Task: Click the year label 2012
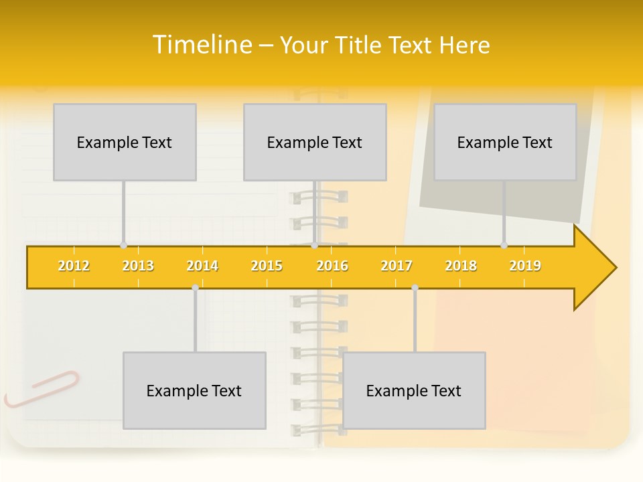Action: pos(74,266)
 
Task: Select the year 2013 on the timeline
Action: pos(138,266)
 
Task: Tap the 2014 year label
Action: pos(202,266)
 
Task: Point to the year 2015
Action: pos(267,266)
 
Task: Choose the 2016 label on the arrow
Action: pos(332,266)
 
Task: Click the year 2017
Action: pos(397,266)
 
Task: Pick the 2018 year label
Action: pos(461,266)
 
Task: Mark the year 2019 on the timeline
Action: pos(525,266)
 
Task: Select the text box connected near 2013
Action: pos(125,142)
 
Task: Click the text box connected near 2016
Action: pos(315,142)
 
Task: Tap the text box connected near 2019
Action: pos(505,142)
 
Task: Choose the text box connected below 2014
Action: pos(194,390)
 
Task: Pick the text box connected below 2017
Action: pos(414,390)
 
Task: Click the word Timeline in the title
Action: pos(202,45)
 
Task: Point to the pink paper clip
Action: pos(42,388)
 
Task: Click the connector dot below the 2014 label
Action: pos(195,287)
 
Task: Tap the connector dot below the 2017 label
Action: pos(415,287)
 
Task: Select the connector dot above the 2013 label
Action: pos(123,245)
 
